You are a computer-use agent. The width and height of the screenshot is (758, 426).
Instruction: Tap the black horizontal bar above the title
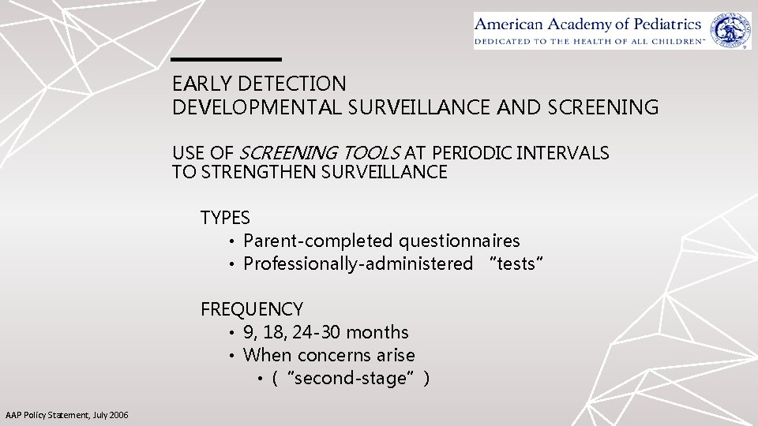pos(227,59)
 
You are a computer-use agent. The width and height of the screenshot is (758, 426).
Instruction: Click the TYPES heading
pos(225,218)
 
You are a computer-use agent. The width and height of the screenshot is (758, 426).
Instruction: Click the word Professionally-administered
pos(358,263)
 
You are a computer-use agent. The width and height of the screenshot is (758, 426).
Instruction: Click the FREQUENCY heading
pos(252,308)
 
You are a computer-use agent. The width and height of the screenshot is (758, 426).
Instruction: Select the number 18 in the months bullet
pos(275,332)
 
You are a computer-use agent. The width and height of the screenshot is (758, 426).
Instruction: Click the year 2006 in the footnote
pos(118,416)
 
